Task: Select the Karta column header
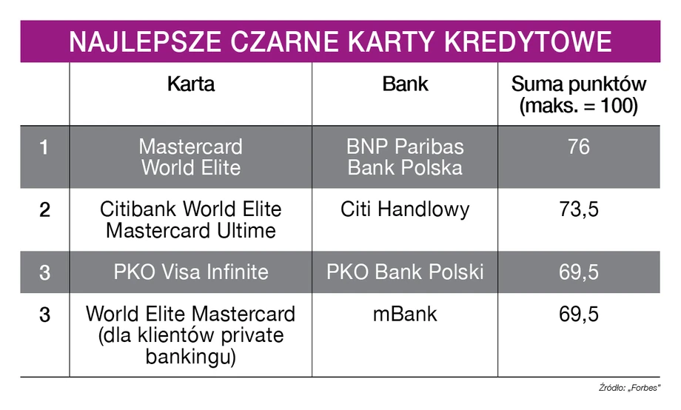[x=191, y=84]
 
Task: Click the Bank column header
[x=405, y=84]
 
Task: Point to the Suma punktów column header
[x=579, y=95]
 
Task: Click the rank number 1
[x=44, y=147]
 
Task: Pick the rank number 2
[x=44, y=209]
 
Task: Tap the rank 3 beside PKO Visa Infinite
[x=44, y=273]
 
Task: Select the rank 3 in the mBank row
[x=44, y=315]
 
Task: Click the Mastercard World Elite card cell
[x=191, y=157]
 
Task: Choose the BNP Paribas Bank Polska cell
[x=405, y=157]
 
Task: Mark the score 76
[x=579, y=147]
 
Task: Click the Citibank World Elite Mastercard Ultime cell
[x=191, y=220]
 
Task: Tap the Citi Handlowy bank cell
[x=405, y=209]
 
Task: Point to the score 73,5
[x=579, y=209]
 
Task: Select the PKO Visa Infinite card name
[x=191, y=272]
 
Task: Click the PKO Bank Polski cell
[x=405, y=272]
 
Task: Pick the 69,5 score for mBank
[x=579, y=315]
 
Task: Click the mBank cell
[x=405, y=314]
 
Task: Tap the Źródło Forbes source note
[x=629, y=387]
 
